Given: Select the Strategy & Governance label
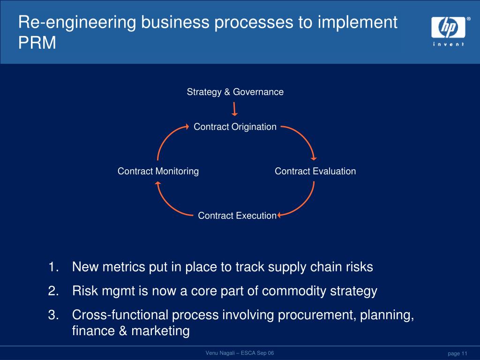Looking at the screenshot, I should (x=235, y=92).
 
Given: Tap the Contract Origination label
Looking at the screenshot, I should (x=235, y=127).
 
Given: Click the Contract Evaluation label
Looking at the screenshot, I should (x=315, y=171).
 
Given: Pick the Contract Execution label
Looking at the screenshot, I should (x=237, y=216).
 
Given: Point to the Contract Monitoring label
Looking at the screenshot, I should (x=158, y=171).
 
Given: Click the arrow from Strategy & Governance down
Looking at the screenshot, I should (x=235, y=109).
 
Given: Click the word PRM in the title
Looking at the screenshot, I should (x=37, y=43).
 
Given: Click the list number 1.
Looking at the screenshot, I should (x=53, y=267).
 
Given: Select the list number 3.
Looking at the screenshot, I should (x=53, y=315).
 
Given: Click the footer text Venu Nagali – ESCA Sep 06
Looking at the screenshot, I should (x=240, y=353).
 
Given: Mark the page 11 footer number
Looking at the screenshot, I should (x=457, y=353).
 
